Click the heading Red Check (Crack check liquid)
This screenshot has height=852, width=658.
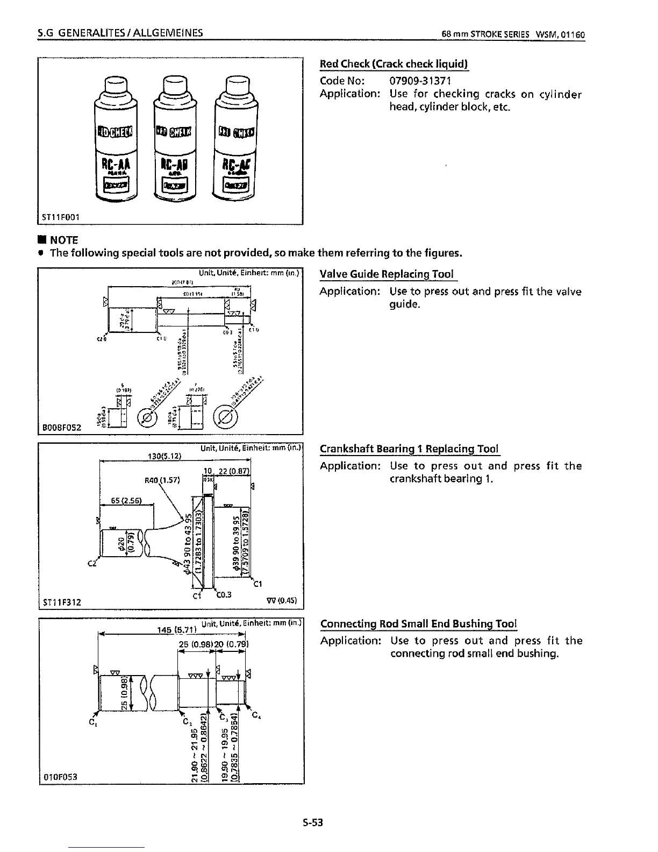click(394, 64)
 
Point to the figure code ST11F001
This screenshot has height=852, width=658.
click(61, 217)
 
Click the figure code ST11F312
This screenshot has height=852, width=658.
click(61, 602)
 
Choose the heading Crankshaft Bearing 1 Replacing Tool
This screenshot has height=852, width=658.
click(409, 449)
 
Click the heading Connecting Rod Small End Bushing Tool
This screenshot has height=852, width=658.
click(418, 624)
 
